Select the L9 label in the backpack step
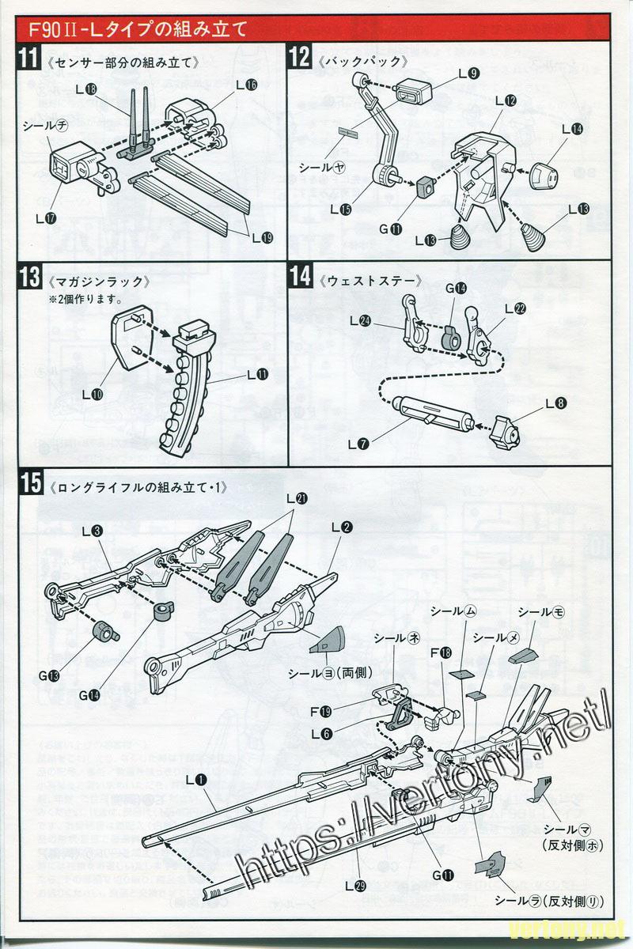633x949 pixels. (468, 74)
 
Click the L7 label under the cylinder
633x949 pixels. (358, 444)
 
